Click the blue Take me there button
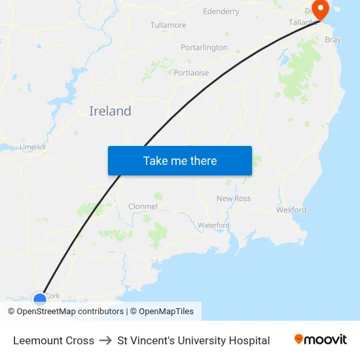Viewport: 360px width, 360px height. pyautogui.click(x=180, y=160)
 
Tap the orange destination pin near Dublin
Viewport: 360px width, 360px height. pyautogui.click(x=321, y=9)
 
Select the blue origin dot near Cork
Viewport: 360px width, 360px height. pyautogui.click(x=40, y=300)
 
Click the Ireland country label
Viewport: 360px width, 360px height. pyautogui.click(x=110, y=111)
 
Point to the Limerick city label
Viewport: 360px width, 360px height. pyautogui.click(x=33, y=147)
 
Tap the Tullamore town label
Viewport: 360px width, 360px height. pyautogui.click(x=168, y=26)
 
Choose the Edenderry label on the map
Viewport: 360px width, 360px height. pyautogui.click(x=221, y=12)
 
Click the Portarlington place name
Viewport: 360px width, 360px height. pyautogui.click(x=204, y=48)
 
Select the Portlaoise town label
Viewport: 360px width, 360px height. pyautogui.click(x=191, y=73)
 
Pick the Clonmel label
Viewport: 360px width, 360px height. pyautogui.click(x=143, y=206)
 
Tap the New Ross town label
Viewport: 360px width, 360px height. pyautogui.click(x=234, y=198)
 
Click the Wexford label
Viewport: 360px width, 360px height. pyautogui.click(x=291, y=210)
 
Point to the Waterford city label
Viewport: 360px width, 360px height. pyautogui.click(x=213, y=225)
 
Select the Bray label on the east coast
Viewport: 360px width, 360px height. pyautogui.click(x=333, y=40)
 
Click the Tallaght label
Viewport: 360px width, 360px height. pyautogui.click(x=303, y=22)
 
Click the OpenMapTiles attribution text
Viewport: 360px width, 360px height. pyautogui.click(x=166, y=312)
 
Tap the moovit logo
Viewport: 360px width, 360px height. pyautogui.click(x=321, y=340)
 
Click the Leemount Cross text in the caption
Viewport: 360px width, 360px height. pyautogui.click(x=54, y=340)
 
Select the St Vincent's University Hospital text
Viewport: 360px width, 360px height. pyautogui.click(x=194, y=340)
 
